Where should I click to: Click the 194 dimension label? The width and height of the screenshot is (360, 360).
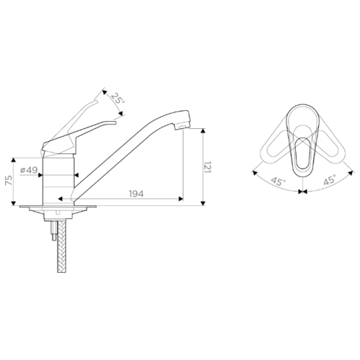point(136,194)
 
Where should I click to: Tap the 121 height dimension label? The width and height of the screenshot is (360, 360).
point(207,167)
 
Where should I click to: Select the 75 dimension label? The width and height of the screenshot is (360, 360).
point(9,180)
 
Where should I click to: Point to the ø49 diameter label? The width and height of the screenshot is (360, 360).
point(29,170)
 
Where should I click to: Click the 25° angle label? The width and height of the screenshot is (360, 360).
point(118,99)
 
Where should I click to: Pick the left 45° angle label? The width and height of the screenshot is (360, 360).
point(278,181)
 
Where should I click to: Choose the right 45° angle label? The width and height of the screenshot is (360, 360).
point(330,180)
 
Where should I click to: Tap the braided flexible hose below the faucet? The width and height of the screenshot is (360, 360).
point(62,246)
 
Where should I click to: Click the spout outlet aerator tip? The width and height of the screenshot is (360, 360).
point(182,127)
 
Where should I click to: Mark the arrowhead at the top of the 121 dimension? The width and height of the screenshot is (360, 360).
point(203,131)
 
